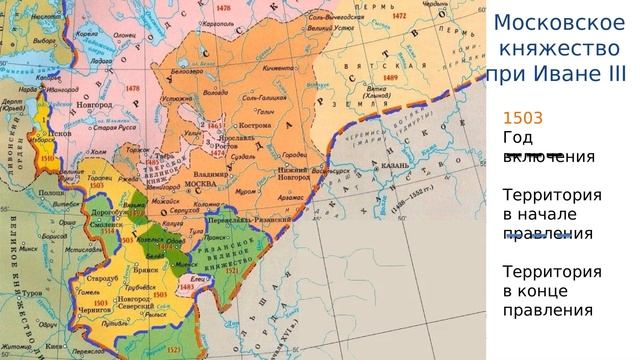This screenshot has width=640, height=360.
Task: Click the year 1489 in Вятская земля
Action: click(388, 77)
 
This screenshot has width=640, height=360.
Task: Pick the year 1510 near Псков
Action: click(48, 158)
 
